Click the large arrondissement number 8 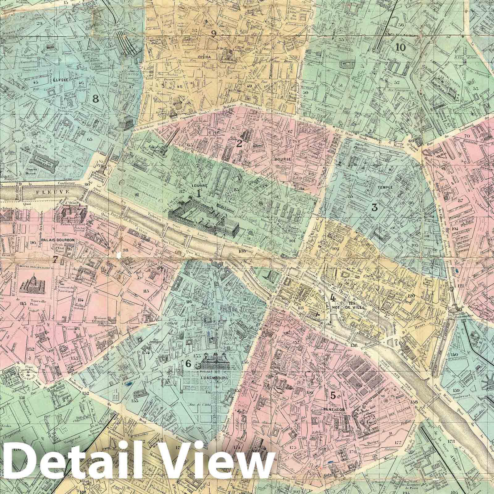96,99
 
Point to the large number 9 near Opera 214,33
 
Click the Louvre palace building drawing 204,216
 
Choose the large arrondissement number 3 375,207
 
